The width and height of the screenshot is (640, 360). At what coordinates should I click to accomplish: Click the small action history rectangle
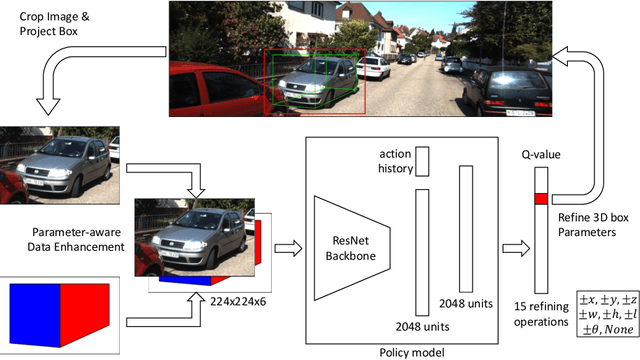421,159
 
